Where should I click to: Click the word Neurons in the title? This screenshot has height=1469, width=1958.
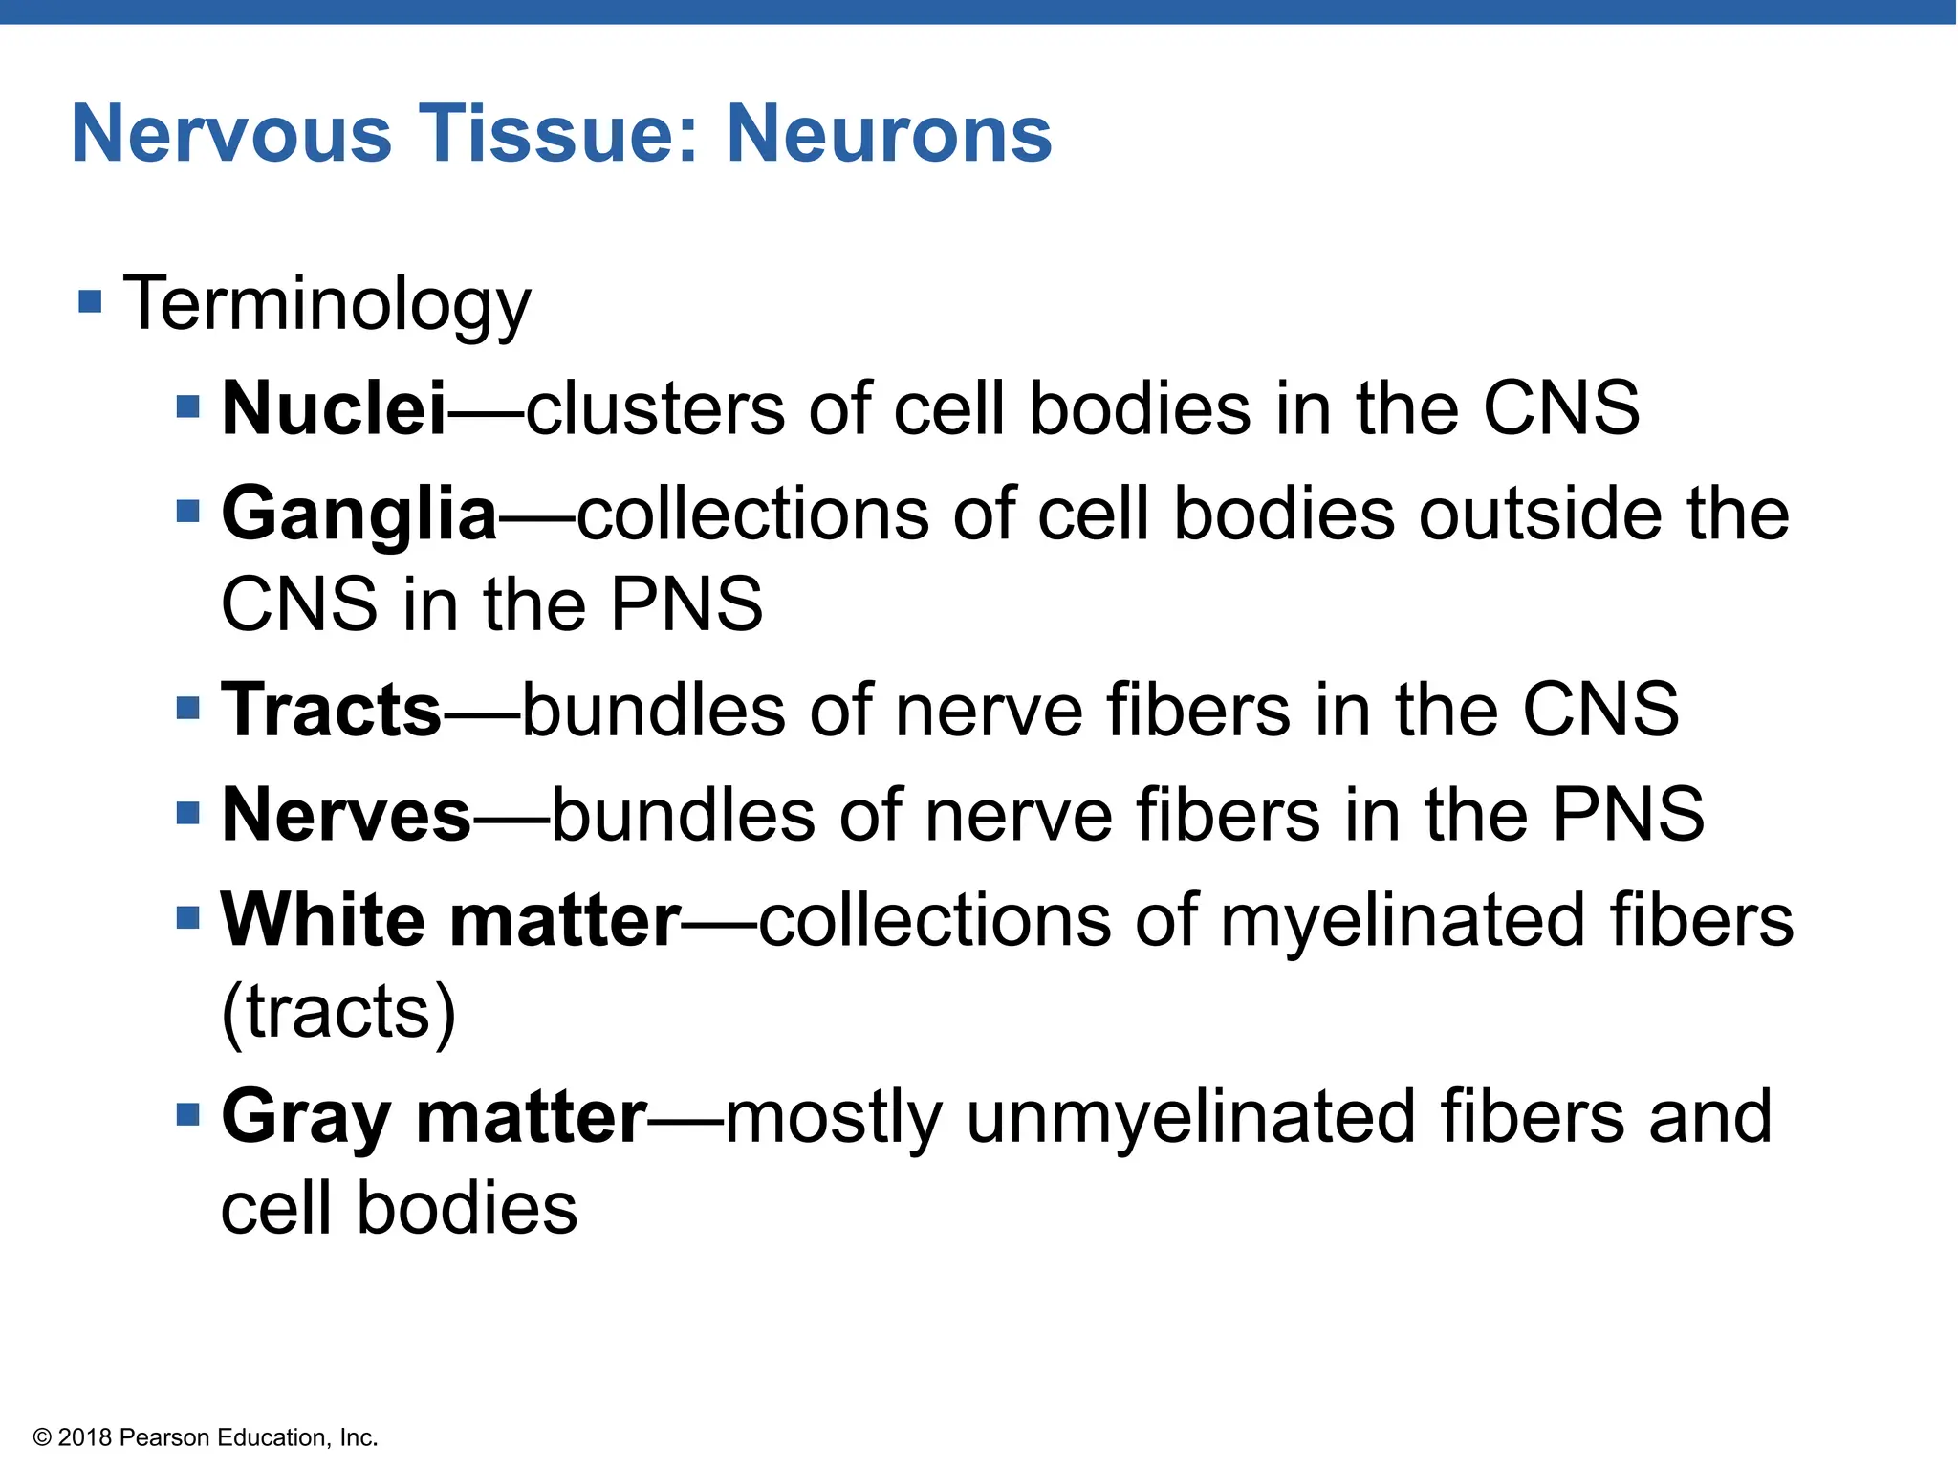889,134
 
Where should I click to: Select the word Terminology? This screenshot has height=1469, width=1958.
327,305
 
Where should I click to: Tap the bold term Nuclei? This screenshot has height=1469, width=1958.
334,408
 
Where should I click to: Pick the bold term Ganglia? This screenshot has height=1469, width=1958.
359,515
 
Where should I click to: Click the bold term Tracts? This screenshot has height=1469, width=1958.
331,710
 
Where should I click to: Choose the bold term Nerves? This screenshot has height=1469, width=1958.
346,815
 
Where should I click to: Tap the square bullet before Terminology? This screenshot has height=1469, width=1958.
90,302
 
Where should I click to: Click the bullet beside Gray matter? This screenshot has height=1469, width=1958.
188,1114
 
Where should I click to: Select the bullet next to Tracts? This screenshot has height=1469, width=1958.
188,708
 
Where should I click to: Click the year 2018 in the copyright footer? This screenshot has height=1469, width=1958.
85,1437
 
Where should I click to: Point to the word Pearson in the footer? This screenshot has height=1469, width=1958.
164,1437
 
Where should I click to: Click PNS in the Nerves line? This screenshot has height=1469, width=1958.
1627,815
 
